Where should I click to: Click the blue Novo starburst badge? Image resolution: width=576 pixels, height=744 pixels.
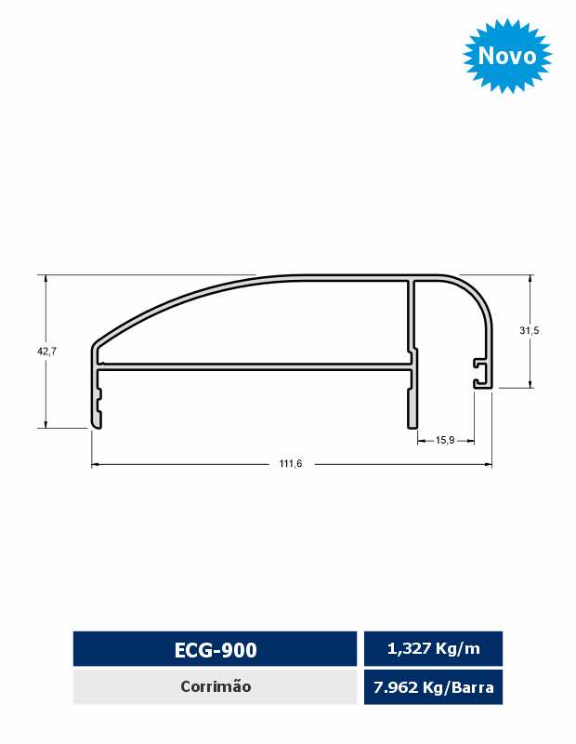pyautogui.click(x=507, y=56)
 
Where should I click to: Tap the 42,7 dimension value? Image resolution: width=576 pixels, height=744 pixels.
pyautogui.click(x=47, y=352)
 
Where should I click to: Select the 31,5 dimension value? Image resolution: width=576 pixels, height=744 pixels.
pyautogui.click(x=529, y=331)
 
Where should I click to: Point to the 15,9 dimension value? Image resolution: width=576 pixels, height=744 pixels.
pyautogui.click(x=445, y=440)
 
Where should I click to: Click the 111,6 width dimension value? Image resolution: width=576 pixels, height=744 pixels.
pyautogui.click(x=290, y=463)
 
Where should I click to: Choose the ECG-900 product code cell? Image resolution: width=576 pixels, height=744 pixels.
pyautogui.click(x=216, y=649)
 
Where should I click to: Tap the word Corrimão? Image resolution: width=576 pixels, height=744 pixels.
pyautogui.click(x=216, y=686)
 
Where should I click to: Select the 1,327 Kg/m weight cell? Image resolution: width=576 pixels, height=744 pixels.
pyautogui.click(x=433, y=648)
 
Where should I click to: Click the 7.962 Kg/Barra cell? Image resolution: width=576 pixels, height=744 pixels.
pyautogui.click(x=433, y=687)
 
